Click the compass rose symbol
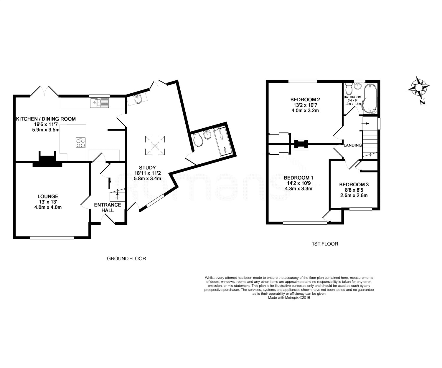point(418,87)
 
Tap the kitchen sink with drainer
point(99,103)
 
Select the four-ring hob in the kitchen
point(81,142)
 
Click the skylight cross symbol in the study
point(155,145)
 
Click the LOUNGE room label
point(48,196)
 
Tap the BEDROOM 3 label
point(354,184)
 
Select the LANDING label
point(353,145)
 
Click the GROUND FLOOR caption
point(126,258)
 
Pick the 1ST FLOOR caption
point(325,244)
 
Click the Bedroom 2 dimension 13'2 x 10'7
point(305,105)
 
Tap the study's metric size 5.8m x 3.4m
point(147,178)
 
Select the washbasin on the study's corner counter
point(138,99)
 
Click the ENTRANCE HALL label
point(108,208)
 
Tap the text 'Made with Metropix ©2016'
point(289,298)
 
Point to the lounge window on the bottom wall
point(52,238)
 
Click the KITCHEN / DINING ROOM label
point(46,119)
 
